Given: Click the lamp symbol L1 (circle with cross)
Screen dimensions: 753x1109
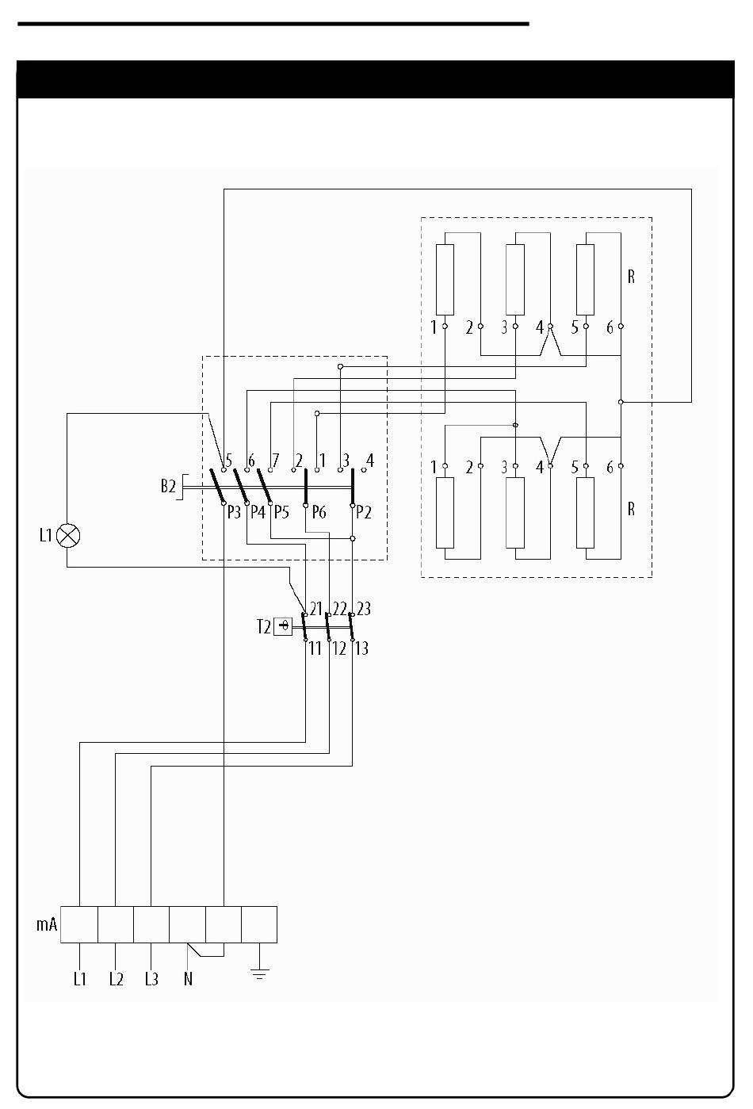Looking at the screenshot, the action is tap(68, 535).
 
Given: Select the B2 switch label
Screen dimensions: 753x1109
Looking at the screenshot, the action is tap(168, 486).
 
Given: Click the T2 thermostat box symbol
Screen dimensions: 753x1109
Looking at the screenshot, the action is tap(283, 626).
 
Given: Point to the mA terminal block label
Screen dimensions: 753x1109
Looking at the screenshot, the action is tap(47, 924).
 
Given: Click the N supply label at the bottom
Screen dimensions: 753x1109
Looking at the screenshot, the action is tap(188, 979).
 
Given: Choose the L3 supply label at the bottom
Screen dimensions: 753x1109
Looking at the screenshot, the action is tap(151, 979).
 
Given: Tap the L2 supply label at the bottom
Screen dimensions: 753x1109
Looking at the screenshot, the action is tap(116, 979).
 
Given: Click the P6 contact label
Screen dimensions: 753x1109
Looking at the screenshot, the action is tap(319, 512).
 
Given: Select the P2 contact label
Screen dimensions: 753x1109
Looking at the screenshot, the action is tap(364, 512).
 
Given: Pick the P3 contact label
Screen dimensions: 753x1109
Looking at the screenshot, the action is tap(234, 512).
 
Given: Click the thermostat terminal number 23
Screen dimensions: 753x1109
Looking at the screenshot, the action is tap(363, 609).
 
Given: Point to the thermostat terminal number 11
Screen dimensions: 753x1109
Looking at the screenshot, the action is tap(315, 648).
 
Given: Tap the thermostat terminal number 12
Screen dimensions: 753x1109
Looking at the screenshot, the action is tap(338, 648).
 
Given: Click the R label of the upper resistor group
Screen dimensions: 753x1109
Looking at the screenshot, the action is tap(631, 277).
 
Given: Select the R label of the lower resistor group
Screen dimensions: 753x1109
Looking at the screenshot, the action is tap(631, 509).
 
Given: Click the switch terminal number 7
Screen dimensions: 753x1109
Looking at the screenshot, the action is tap(275, 460).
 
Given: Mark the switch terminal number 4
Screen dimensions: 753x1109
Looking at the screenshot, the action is tap(370, 460).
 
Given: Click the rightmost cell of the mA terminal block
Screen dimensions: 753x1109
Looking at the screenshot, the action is tap(259, 924).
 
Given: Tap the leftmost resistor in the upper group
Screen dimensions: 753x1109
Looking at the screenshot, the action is tap(445, 280).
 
